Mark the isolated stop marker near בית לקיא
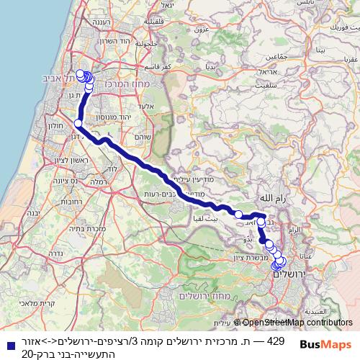pos(238,213)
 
